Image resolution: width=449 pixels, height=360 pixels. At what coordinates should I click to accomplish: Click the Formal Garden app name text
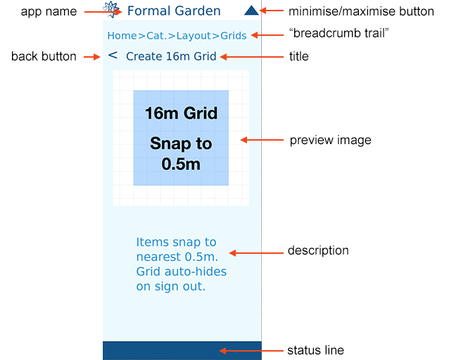[x=174, y=11]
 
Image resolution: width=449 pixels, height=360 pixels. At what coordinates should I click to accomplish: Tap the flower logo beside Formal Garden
[x=110, y=10]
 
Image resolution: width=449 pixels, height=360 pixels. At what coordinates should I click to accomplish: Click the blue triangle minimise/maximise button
[x=251, y=11]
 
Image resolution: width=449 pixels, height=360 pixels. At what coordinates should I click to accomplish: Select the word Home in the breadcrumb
[x=122, y=35]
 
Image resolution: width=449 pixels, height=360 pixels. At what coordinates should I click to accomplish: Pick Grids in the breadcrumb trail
[x=234, y=35]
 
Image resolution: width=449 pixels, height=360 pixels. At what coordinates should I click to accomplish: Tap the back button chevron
[x=113, y=56]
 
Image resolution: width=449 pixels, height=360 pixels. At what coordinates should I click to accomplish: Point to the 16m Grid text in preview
[x=181, y=113]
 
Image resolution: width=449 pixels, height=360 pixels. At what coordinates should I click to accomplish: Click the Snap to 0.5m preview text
[x=181, y=154]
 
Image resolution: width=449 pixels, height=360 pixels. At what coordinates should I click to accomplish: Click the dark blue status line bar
[x=182, y=350]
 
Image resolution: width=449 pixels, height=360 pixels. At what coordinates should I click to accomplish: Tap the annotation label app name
[x=49, y=11]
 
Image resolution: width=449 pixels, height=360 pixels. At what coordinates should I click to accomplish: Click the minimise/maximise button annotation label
[x=362, y=11]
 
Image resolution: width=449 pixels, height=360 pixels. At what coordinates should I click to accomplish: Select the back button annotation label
[x=44, y=56]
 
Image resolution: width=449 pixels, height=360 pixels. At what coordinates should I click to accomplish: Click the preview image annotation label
[x=330, y=140]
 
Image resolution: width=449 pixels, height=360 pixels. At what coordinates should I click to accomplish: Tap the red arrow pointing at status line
[x=243, y=350]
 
